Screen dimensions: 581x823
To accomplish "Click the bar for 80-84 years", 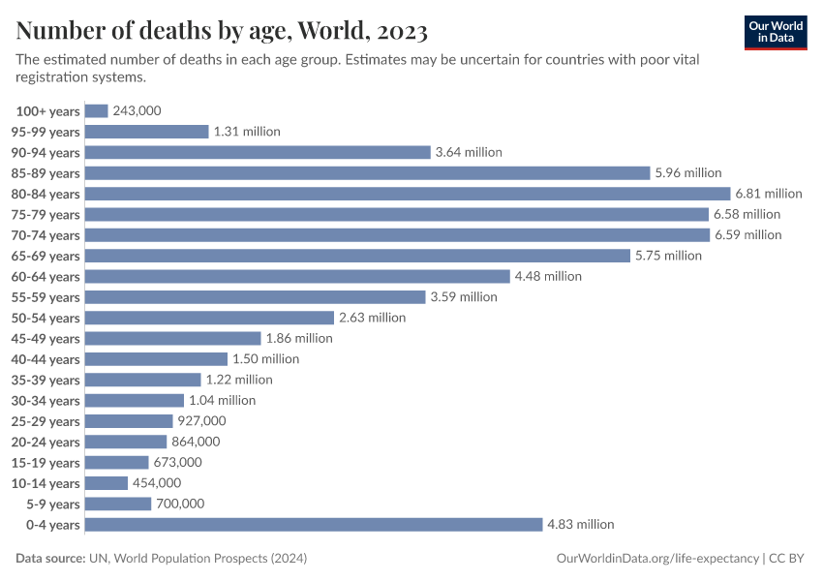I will (x=408, y=194).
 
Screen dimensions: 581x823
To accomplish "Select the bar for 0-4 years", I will (x=314, y=524).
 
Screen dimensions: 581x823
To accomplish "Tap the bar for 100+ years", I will (x=97, y=111).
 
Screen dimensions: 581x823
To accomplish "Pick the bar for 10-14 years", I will (x=107, y=482).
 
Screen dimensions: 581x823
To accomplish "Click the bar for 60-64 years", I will (x=297, y=276).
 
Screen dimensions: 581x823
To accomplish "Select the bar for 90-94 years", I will (x=258, y=152).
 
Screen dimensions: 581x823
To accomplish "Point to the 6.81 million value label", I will (x=769, y=194).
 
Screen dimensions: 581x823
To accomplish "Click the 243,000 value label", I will (x=137, y=111).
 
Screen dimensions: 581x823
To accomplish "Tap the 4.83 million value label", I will (x=581, y=524).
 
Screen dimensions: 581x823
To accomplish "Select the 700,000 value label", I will (x=180, y=504).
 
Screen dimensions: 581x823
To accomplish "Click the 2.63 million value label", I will (x=372, y=318).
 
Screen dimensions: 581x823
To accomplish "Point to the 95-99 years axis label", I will (x=46, y=132).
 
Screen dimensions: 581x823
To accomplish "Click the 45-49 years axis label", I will (x=46, y=338).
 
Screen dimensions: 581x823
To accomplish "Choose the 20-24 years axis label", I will (x=46, y=442).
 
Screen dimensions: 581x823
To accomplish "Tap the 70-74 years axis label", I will (x=46, y=235).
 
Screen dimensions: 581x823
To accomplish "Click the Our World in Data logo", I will (x=775, y=31).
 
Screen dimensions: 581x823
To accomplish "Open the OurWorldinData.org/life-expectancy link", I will (x=658, y=559).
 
